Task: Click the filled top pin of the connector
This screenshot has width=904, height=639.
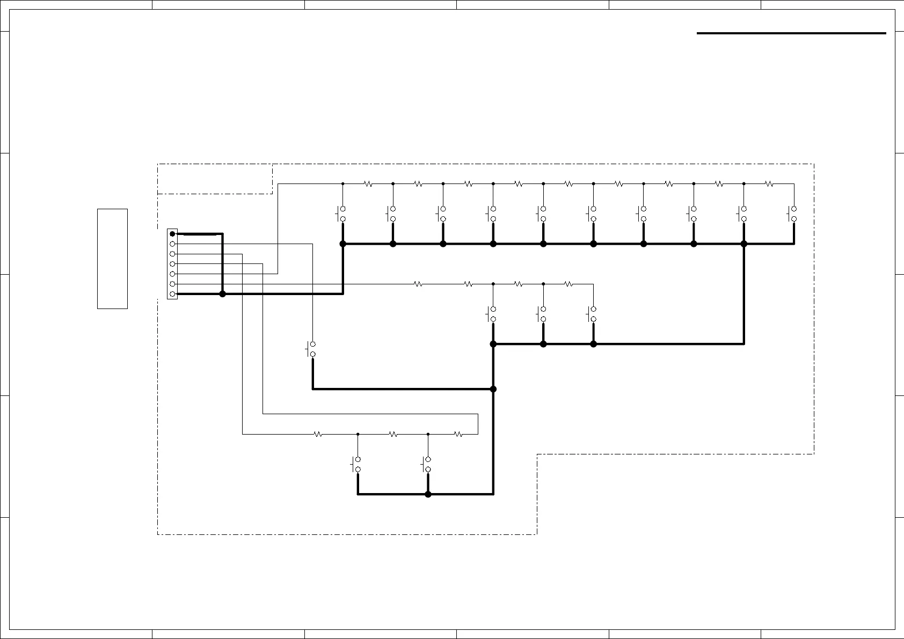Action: [x=172, y=233]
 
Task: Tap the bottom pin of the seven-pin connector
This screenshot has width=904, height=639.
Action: [x=172, y=294]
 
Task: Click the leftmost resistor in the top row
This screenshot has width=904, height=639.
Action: [x=368, y=183]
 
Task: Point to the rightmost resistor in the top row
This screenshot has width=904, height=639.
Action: [x=769, y=183]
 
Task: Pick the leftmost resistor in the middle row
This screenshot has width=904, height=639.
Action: [x=418, y=284]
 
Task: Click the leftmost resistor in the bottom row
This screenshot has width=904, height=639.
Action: [x=318, y=435]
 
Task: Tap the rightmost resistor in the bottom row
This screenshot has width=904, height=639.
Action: [x=458, y=435]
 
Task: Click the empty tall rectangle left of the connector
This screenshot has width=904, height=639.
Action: [x=112, y=259]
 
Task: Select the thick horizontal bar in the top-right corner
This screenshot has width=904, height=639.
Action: [x=791, y=33]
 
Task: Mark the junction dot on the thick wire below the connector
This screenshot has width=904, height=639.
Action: [x=223, y=294]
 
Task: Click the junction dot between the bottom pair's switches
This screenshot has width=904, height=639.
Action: [x=428, y=494]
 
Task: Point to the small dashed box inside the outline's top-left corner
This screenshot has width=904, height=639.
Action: [x=215, y=179]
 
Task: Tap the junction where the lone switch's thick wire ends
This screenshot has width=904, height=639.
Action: [x=493, y=389]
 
